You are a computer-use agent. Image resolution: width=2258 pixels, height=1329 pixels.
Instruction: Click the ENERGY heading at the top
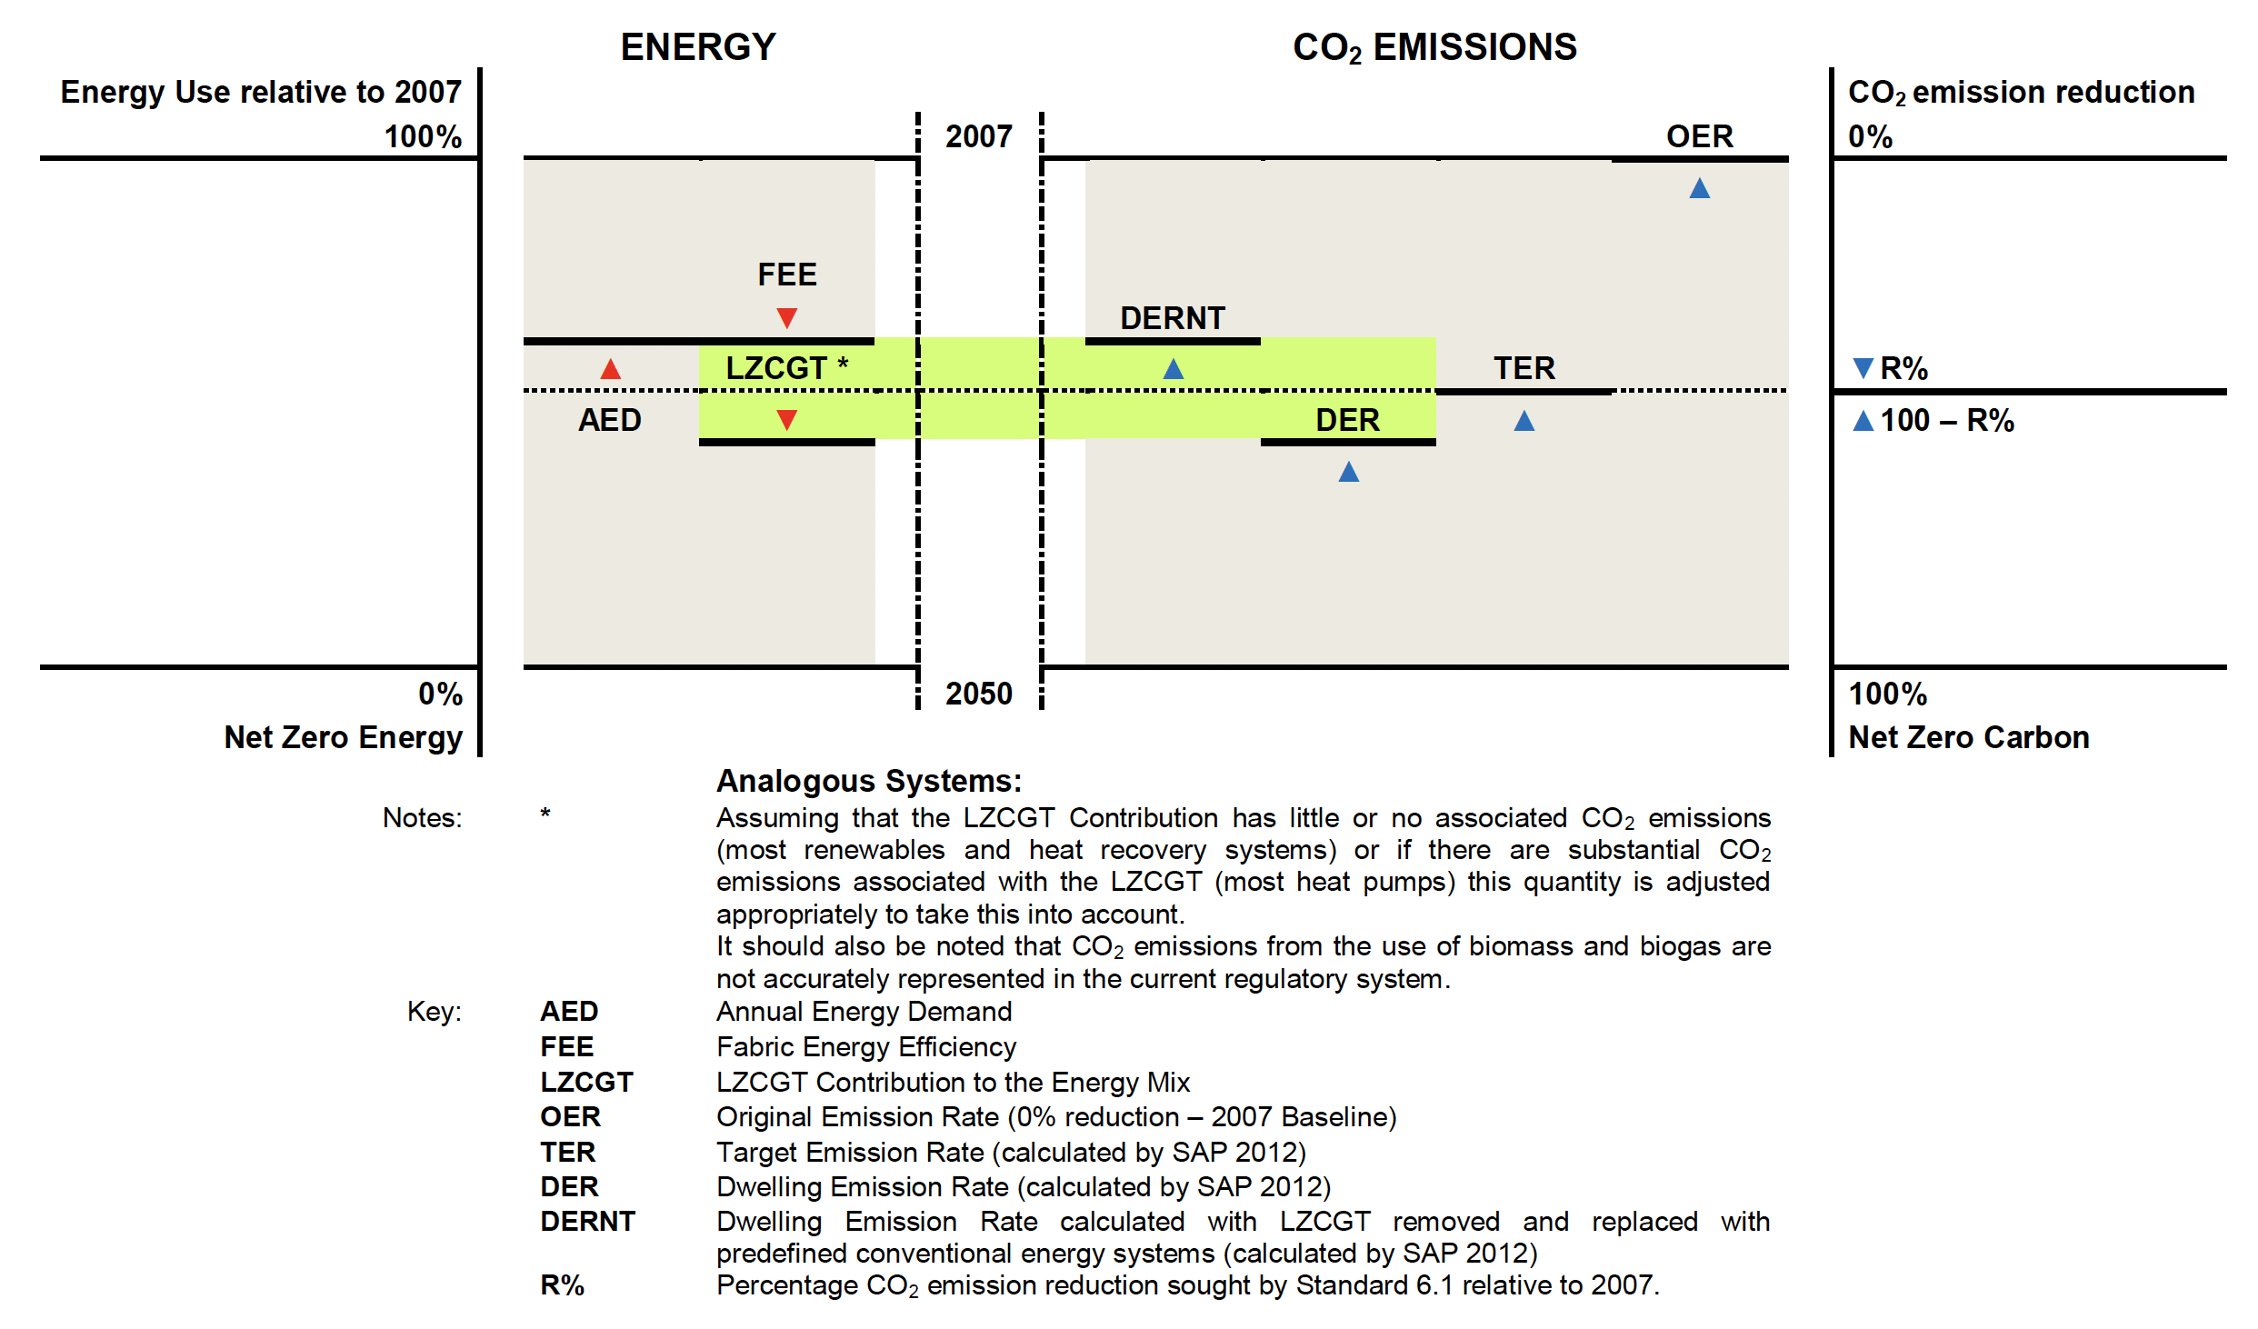(698, 46)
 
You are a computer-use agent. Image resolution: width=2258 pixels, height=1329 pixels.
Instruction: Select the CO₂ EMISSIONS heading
(1434, 47)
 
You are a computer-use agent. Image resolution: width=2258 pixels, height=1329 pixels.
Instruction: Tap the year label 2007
(979, 136)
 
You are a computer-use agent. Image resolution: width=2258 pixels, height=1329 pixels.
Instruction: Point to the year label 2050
(979, 694)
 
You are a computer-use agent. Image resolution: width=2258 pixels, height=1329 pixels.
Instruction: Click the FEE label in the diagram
(787, 275)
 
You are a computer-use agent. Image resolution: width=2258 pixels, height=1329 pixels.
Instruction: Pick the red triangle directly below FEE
(787, 318)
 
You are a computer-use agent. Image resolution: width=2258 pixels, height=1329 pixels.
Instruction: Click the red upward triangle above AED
(611, 368)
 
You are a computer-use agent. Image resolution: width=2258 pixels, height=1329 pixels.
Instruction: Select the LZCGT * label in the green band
(787, 368)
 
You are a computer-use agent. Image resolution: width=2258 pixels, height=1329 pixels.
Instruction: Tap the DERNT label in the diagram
(1173, 318)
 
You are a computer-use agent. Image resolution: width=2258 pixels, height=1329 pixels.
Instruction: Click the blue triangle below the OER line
(1700, 188)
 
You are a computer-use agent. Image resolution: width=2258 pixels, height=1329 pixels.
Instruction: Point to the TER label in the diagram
(1524, 368)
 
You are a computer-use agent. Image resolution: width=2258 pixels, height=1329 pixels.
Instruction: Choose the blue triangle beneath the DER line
(1349, 471)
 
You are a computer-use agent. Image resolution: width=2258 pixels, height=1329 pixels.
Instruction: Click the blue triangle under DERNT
(1174, 368)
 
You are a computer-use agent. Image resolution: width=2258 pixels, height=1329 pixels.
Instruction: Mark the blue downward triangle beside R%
(1863, 368)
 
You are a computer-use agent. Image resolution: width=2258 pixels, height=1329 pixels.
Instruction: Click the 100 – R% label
(1947, 420)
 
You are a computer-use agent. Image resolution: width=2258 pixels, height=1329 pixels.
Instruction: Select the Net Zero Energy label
(344, 737)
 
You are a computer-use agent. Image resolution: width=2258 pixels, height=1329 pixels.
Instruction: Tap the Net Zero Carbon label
(1969, 737)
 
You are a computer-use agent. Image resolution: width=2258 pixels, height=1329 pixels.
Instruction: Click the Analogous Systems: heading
(869, 781)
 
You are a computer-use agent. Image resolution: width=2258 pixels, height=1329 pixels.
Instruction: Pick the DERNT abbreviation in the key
(587, 1221)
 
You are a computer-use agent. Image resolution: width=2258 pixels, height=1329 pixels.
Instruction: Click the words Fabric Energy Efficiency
(866, 1047)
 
